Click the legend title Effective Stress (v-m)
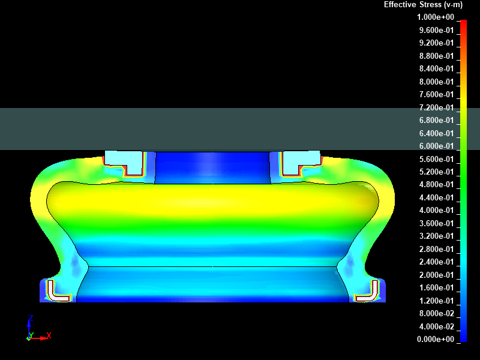pyautogui.click(x=423, y=5)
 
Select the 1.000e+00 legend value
pyautogui.click(x=436, y=17)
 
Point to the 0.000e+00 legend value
pyautogui.click(x=436, y=339)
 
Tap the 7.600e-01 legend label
pyautogui.click(x=437, y=95)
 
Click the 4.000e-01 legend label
pyautogui.click(x=437, y=211)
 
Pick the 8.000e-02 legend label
pyautogui.click(x=437, y=313)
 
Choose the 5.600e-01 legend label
pyautogui.click(x=437, y=159)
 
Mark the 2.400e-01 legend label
pyautogui.click(x=437, y=262)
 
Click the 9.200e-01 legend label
pyautogui.click(x=437, y=43)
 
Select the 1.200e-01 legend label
pyautogui.click(x=437, y=301)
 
